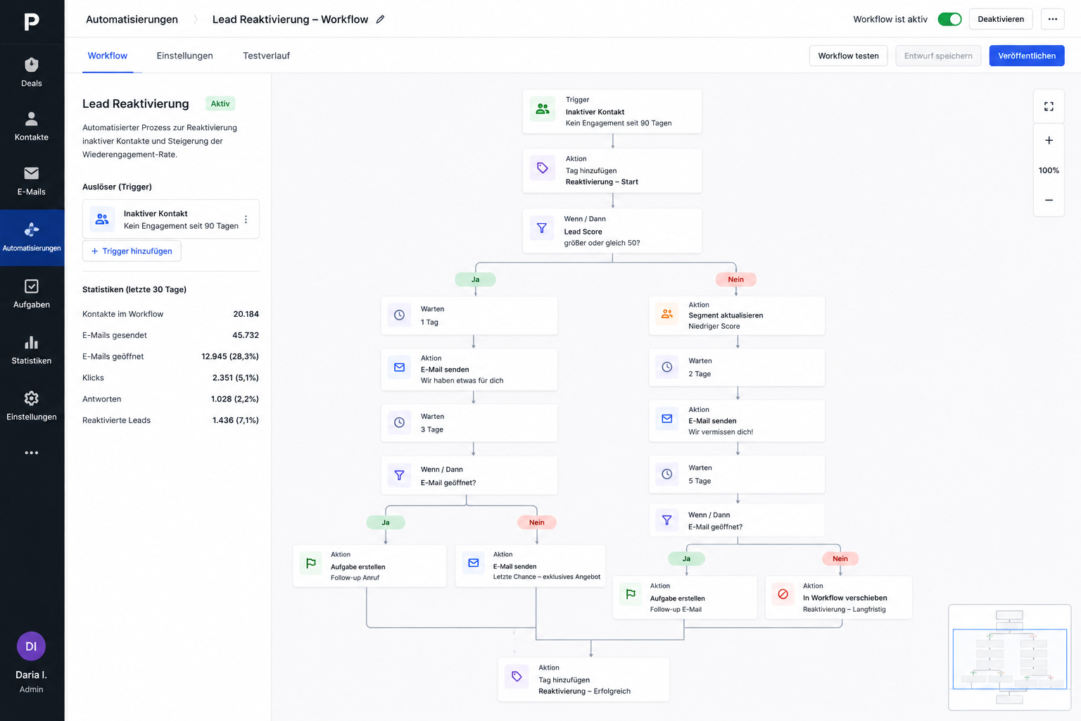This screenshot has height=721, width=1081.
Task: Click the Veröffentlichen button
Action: coord(1027,56)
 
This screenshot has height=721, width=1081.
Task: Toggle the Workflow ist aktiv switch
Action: coord(949,19)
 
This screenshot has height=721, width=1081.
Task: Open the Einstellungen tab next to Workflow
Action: coord(184,56)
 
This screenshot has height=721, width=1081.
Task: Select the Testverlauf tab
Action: coord(267,56)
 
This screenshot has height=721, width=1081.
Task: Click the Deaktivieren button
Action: coord(1000,19)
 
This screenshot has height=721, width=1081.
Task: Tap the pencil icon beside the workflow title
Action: coord(380,19)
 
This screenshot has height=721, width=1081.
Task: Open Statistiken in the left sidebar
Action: coord(32,350)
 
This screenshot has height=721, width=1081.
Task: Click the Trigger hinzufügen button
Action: coord(132,251)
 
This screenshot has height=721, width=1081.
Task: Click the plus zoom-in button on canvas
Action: coord(1049,141)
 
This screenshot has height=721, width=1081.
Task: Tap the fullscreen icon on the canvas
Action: coord(1049,106)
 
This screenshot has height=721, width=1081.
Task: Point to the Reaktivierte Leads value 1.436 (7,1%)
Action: coord(236,420)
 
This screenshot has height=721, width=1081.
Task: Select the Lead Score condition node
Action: coord(612,231)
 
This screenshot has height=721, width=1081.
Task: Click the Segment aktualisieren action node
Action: coord(736,315)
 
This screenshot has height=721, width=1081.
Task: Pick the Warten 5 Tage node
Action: coord(736,475)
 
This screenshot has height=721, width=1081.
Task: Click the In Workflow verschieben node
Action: coord(838,597)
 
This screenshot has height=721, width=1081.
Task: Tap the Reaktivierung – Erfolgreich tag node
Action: coord(583,679)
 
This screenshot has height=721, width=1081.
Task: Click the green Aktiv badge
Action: coord(220,104)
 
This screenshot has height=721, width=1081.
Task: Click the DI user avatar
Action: coord(32,646)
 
